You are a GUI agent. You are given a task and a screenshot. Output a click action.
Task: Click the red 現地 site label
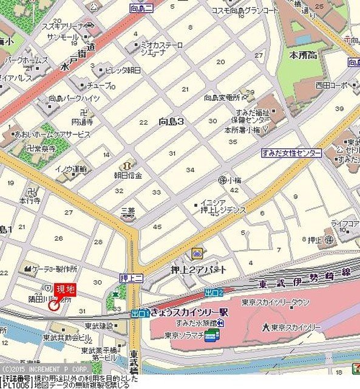point(65,290)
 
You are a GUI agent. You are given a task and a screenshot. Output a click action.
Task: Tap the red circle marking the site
point(53,305)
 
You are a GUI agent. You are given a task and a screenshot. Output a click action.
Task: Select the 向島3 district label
point(171,121)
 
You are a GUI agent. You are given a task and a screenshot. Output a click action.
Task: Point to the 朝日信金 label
point(128,175)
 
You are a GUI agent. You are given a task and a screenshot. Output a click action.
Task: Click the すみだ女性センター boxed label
point(291,153)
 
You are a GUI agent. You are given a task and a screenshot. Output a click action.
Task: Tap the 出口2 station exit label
point(214,292)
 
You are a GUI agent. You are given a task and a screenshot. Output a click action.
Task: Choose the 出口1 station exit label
point(140,314)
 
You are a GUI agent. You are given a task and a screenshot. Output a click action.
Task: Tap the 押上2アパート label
point(199,269)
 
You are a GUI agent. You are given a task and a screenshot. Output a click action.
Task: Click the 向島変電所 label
point(222,97)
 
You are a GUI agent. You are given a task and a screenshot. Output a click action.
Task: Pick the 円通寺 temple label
point(82,122)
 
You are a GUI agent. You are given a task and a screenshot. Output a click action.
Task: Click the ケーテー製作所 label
point(55,268)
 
